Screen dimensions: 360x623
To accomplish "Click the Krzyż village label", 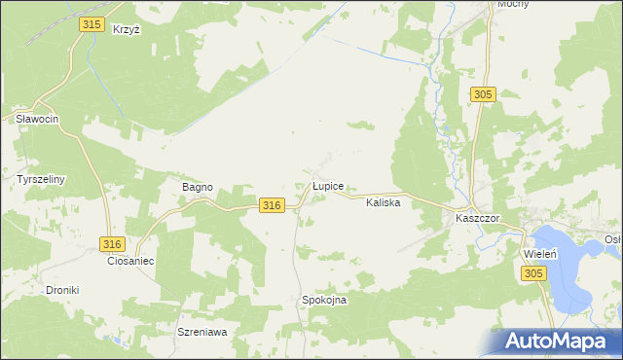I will click(127, 30).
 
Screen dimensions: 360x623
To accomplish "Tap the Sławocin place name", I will click(38, 119).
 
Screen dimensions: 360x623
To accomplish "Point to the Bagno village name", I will click(198, 187).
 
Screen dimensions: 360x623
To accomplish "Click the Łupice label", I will click(327, 184).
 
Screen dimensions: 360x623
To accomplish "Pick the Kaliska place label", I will click(384, 203).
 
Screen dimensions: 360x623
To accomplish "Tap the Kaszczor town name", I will click(477, 219).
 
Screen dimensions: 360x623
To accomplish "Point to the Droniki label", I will click(62, 290).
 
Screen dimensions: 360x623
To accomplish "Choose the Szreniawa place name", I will click(202, 332).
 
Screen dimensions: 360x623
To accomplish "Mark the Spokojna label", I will click(324, 301).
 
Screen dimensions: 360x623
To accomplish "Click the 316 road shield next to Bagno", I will click(272, 204).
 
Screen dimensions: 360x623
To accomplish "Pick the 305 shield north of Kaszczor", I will click(484, 94).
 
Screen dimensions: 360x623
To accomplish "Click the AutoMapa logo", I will click(558, 342).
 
